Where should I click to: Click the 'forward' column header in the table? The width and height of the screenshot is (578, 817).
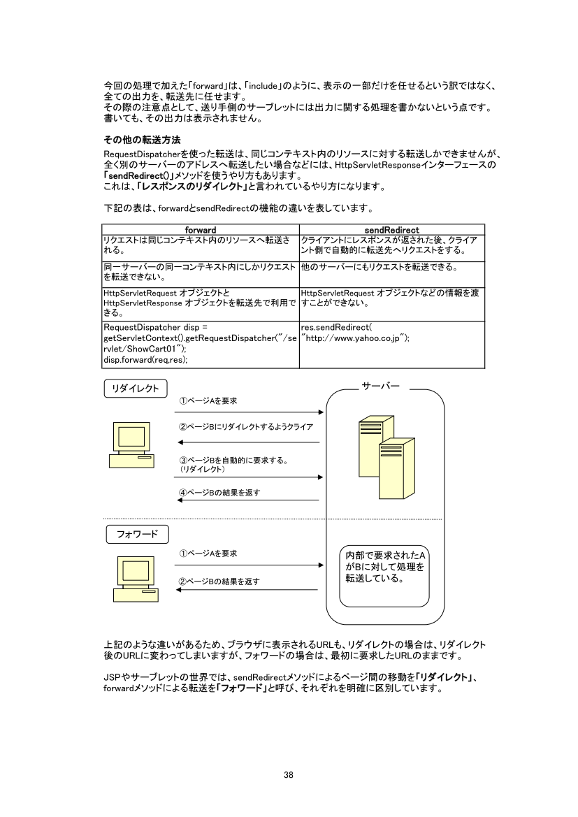point(200,229)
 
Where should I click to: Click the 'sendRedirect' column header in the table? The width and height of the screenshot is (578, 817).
point(391,229)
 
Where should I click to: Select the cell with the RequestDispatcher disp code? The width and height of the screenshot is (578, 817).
point(201,344)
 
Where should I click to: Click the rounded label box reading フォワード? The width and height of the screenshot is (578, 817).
point(138,535)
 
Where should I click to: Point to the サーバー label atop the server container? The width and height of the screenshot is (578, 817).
point(381,386)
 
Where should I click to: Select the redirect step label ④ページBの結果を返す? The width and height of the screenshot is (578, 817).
point(220,493)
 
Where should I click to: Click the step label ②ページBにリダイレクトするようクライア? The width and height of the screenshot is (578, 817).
point(245,426)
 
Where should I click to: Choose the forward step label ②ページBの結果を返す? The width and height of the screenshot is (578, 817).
point(219,581)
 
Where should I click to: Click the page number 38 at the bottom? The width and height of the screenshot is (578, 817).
point(289,774)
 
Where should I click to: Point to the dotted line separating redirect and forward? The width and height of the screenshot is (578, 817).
point(273,519)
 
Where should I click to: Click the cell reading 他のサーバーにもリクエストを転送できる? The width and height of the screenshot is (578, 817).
point(378,267)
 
